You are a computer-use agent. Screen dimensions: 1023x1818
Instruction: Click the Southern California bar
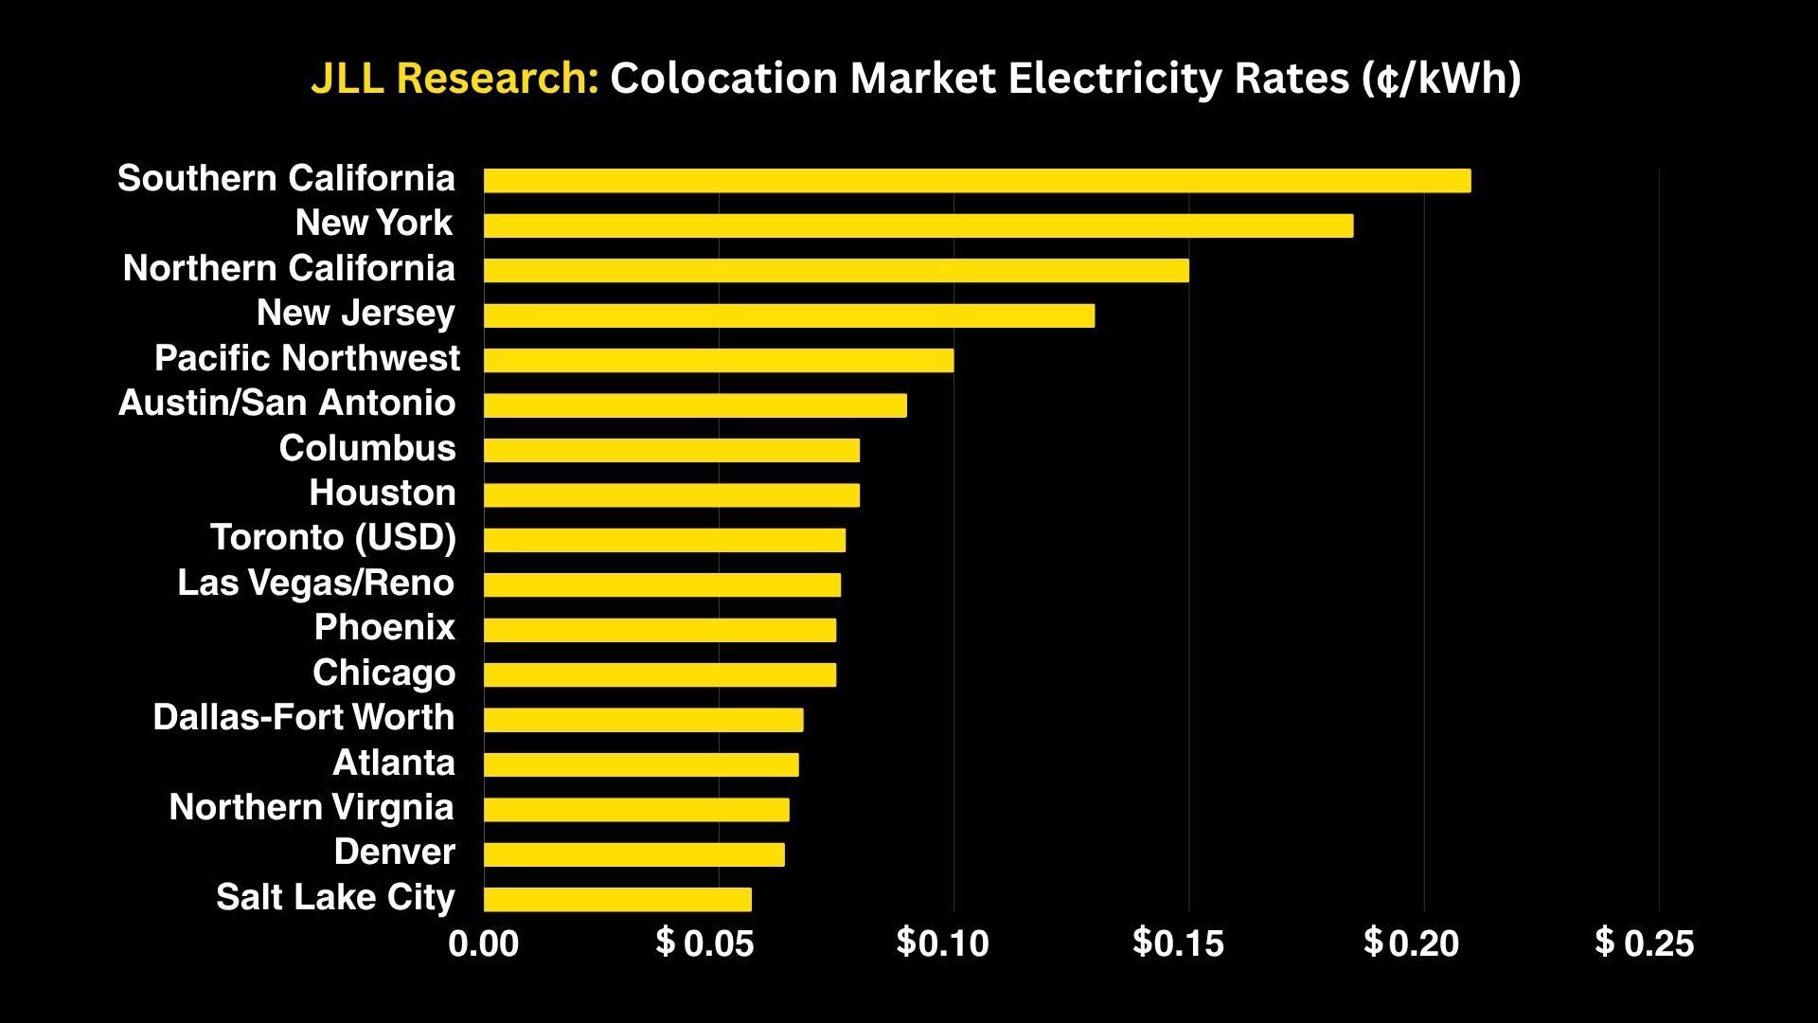click(977, 181)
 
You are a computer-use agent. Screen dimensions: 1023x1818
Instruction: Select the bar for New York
click(918, 225)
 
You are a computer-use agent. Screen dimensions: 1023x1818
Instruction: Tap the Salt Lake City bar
click(617, 899)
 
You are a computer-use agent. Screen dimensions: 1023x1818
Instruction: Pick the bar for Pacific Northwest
click(719, 360)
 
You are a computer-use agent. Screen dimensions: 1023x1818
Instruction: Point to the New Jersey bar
click(789, 315)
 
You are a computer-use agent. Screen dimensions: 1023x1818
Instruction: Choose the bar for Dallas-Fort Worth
click(643, 720)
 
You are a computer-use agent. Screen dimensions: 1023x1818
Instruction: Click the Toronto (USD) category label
click(333, 538)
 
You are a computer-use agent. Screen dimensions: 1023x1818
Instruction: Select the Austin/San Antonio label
click(287, 404)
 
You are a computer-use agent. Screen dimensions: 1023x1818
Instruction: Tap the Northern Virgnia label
click(312, 808)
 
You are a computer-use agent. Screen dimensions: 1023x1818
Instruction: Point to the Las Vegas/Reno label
click(316, 583)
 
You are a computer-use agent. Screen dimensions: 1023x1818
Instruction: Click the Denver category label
click(395, 852)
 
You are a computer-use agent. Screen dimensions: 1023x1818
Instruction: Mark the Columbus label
click(367, 448)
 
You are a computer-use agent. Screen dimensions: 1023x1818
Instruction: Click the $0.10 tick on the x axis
click(942, 943)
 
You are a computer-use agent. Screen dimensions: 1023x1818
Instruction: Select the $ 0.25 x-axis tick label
click(1645, 943)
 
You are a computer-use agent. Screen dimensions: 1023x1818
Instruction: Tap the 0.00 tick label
click(484, 944)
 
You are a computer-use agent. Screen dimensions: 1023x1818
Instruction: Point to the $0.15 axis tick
click(1178, 943)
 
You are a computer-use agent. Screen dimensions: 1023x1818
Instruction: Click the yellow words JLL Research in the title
click(454, 79)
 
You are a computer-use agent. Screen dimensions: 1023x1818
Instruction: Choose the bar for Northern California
click(836, 271)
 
